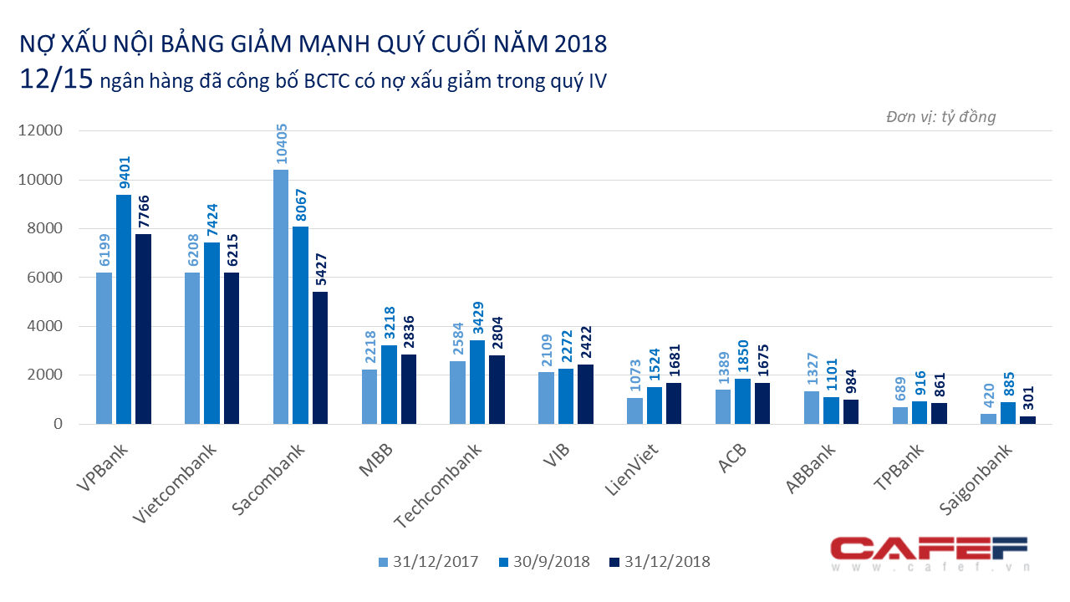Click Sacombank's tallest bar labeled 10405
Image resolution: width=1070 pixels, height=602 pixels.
pos(281,297)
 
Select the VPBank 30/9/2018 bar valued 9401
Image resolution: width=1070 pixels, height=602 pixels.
pos(124,309)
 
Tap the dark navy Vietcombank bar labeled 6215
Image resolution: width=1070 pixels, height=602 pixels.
pos(232,348)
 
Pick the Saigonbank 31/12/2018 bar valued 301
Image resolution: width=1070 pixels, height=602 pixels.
pos(1028,420)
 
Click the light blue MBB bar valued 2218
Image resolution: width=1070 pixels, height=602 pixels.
pos(369,396)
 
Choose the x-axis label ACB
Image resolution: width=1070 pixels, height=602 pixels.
pos(733,460)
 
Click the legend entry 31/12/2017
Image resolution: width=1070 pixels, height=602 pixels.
pos(428,561)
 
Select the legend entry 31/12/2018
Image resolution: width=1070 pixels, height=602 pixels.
pos(659,561)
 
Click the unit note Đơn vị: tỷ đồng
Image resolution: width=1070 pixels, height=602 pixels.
pos(940,117)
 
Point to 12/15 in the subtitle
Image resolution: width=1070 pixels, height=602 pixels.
pos(52,80)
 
